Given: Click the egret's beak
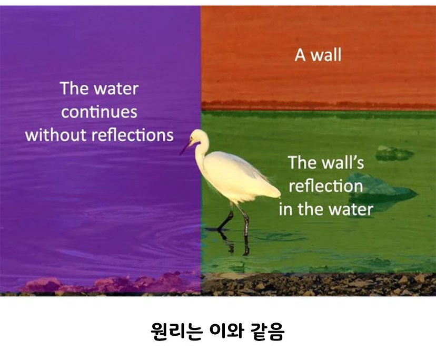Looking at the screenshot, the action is point(185,148).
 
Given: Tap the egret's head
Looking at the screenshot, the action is point(199,137).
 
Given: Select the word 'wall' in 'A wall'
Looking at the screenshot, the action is point(325,55).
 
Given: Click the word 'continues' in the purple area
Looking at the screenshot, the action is point(99,112).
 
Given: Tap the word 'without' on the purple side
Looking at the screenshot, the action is point(56,135).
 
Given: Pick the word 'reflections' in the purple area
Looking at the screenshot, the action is point(132,135).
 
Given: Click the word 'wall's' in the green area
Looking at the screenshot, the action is point(343,162).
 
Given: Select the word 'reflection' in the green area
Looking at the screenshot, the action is point(325,186).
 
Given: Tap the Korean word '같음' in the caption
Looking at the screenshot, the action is point(267,332).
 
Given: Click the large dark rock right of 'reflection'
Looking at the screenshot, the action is point(382,189).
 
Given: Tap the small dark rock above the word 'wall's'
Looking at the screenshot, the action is point(393,153).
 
